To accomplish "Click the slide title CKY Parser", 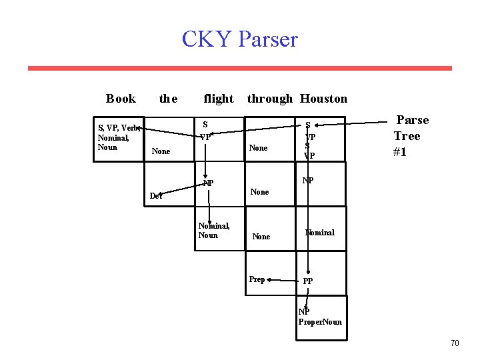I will coord(239,39).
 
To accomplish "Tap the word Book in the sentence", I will coord(121,99).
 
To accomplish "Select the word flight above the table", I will coord(218,99).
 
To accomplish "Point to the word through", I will coord(269,99).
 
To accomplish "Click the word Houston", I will coord(323,99).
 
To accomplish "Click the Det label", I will coord(156,196).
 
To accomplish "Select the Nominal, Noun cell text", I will coord(214,231).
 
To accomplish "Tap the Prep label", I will coord(257,279).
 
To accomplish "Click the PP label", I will coord(308,281).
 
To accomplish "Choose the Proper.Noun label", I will coord(320,322).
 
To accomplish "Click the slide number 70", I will coord(455,343).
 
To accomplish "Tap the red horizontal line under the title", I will coord(239,68).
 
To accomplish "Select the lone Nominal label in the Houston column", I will coord(320,233).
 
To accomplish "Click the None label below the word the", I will coord(161,151).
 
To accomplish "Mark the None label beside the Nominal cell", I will coord(261,237).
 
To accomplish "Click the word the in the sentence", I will coord(168,99).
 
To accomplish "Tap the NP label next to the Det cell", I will coord(209,183).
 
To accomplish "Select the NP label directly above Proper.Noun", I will coord(304,312).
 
